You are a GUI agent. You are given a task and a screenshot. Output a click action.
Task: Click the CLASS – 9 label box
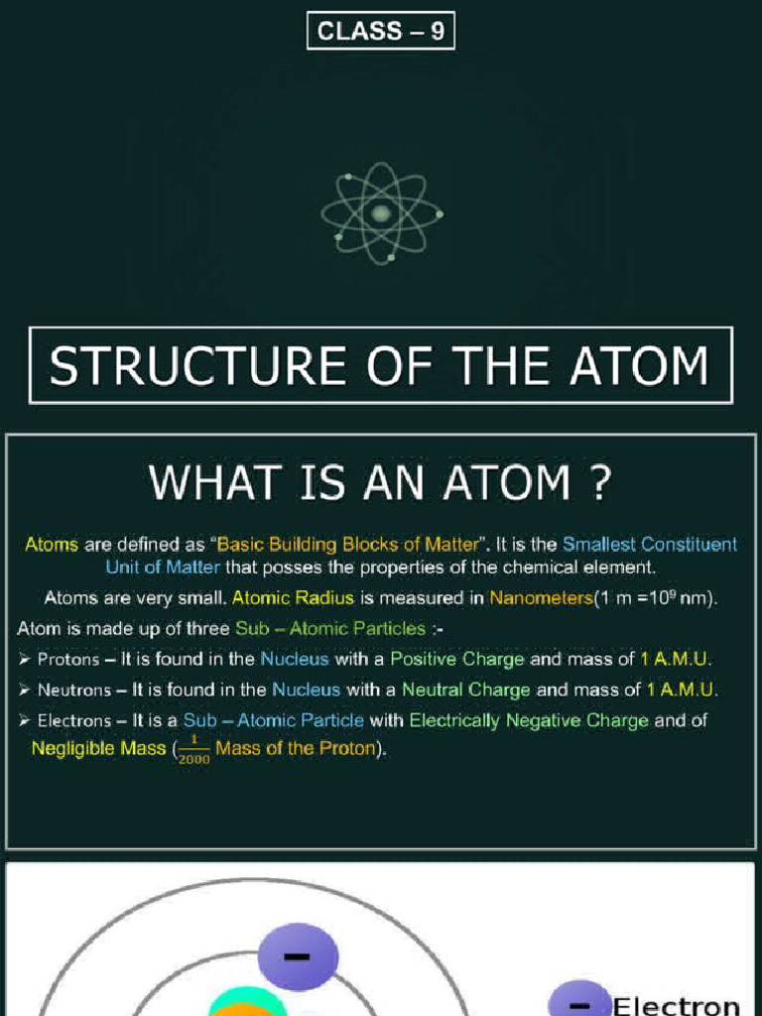tap(381, 31)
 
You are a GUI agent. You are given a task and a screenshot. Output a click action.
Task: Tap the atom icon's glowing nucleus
tap(381, 212)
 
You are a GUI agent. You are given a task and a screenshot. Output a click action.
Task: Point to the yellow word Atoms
tap(52, 544)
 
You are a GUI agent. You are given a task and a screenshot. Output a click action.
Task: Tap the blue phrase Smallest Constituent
tap(650, 544)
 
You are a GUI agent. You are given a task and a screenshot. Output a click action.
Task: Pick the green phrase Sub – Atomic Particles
tap(330, 628)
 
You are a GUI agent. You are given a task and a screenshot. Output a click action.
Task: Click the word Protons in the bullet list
tap(67, 659)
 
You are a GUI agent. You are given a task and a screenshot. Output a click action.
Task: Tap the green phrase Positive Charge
tap(457, 659)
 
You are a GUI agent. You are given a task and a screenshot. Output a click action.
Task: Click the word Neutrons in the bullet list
tap(73, 690)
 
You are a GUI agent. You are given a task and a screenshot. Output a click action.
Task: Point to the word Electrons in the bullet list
tap(74, 720)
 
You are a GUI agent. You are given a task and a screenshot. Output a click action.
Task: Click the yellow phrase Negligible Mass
tap(98, 749)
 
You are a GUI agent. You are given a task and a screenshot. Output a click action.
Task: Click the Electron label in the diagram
tap(676, 1004)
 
